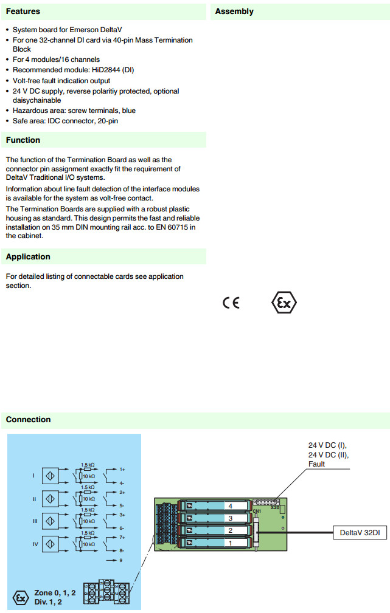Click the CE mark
(x=231, y=303)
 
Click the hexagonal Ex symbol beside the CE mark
(x=284, y=302)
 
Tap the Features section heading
(x=23, y=12)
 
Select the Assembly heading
(x=234, y=12)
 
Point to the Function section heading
(x=23, y=140)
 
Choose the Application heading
(x=28, y=257)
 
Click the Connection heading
(x=29, y=420)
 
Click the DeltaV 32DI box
(x=360, y=533)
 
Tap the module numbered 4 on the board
(x=230, y=505)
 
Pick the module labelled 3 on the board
(x=230, y=518)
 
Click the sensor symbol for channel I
(x=50, y=476)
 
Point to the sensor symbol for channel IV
(x=50, y=544)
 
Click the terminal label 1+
(x=122, y=469)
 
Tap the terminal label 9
(x=122, y=559)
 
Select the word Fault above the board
(x=317, y=464)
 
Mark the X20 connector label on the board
(x=276, y=507)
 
